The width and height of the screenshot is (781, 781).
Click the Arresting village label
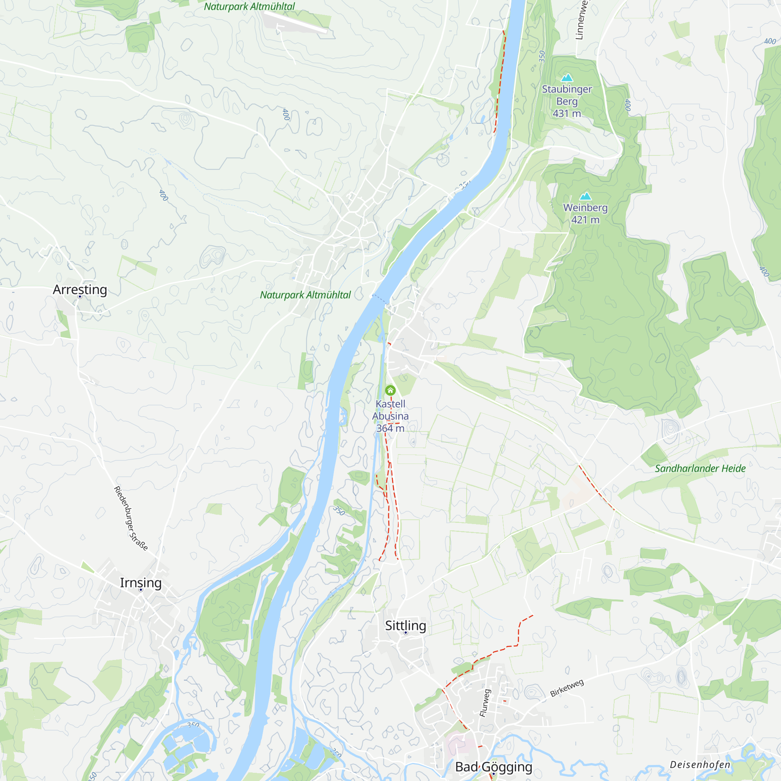pos(80,289)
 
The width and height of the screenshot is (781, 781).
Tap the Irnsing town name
pos(141,583)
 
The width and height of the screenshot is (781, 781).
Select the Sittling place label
pos(405,625)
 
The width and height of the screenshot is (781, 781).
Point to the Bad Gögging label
pos(494,767)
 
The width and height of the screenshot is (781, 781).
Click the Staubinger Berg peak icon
pos(567,77)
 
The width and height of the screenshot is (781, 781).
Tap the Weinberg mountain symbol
pos(585,196)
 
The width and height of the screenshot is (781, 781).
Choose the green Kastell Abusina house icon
pos(390,390)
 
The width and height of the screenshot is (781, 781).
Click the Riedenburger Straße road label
pos(130,518)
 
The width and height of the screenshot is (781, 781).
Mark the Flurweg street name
pos(485,703)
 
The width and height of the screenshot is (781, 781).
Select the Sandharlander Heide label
pos(700,469)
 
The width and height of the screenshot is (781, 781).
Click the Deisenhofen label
pos(700,765)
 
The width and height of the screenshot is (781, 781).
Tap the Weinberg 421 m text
pos(585,214)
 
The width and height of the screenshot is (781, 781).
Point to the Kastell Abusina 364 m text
pos(390,415)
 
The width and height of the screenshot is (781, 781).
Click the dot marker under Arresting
pos(80,297)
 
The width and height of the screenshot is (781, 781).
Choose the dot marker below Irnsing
pos(141,590)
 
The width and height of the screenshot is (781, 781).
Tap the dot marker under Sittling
pos(405,633)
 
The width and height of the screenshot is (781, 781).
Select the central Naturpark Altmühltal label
pos(305,295)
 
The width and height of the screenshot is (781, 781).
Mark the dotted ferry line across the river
pos(380,299)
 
